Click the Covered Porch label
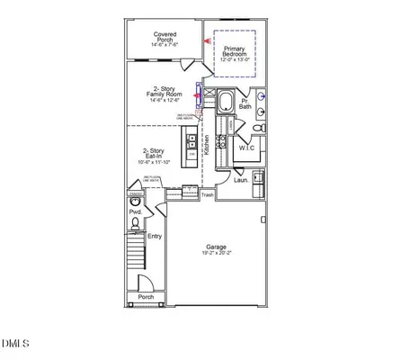click(x=165, y=39)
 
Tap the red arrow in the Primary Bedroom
click(x=209, y=40)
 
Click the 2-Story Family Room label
click(x=165, y=94)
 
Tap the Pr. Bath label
click(x=245, y=103)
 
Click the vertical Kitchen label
click(x=207, y=147)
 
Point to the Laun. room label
click(x=241, y=180)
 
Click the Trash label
click(x=208, y=194)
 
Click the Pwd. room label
click(x=135, y=211)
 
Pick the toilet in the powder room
click(x=135, y=223)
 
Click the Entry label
click(x=155, y=236)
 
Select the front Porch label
click(x=145, y=296)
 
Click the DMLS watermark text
click(x=15, y=343)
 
